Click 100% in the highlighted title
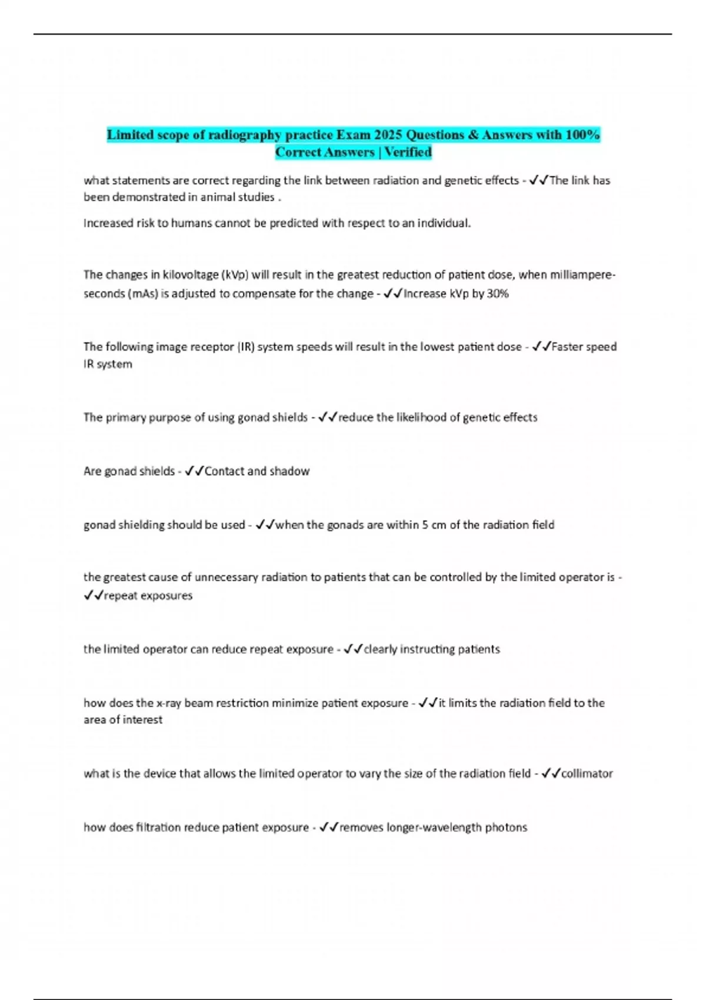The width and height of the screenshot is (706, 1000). click(x=582, y=135)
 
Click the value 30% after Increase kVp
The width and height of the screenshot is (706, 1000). click(x=498, y=294)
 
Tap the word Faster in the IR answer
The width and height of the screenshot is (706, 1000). click(x=567, y=346)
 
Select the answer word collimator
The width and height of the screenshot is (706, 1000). click(x=587, y=774)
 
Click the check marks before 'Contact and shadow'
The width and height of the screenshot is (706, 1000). click(x=194, y=471)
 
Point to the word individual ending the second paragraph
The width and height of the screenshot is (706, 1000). click(x=444, y=224)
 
